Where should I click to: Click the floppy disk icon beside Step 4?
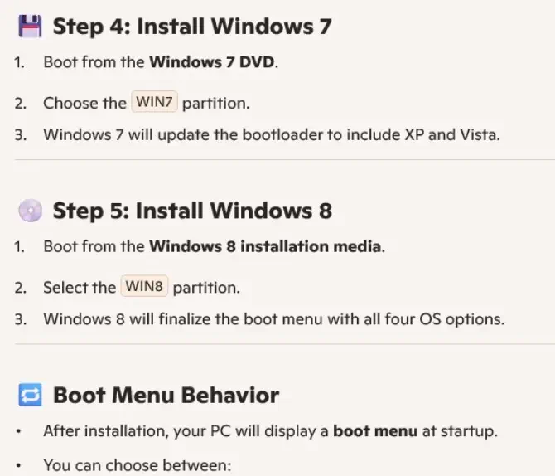[x=30, y=26]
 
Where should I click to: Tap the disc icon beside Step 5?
[x=30, y=211]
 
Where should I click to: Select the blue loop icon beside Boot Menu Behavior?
[x=30, y=395]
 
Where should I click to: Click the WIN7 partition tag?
[x=154, y=102]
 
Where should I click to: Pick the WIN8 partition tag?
[x=144, y=286]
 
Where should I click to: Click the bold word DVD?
[x=258, y=62]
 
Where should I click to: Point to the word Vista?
[x=479, y=134]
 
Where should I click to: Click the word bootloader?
[x=282, y=134]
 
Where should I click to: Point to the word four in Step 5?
[x=399, y=319]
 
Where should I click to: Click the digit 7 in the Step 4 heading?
[x=325, y=27]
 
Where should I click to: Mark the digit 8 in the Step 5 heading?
[x=326, y=211]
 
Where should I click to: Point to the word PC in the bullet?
[x=220, y=431]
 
